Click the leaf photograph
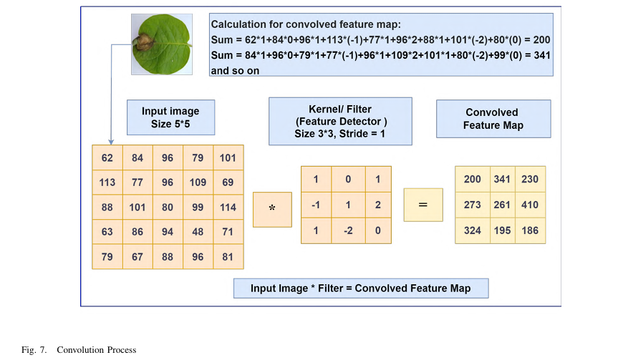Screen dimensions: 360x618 162,45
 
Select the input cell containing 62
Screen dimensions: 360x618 107,158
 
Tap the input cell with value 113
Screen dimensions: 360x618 107,183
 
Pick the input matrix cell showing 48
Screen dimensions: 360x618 198,232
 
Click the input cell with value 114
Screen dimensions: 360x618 228,208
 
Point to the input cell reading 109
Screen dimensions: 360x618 198,183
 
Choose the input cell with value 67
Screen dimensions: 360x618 137,256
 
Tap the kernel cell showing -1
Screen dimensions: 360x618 316,205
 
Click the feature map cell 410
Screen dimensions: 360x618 530,205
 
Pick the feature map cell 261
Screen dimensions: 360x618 501,205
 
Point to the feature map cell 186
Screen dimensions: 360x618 530,231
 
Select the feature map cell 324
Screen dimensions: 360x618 472,231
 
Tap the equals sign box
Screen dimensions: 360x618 423,205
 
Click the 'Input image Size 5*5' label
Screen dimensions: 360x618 170,117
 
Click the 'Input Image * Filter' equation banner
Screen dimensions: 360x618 360,288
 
